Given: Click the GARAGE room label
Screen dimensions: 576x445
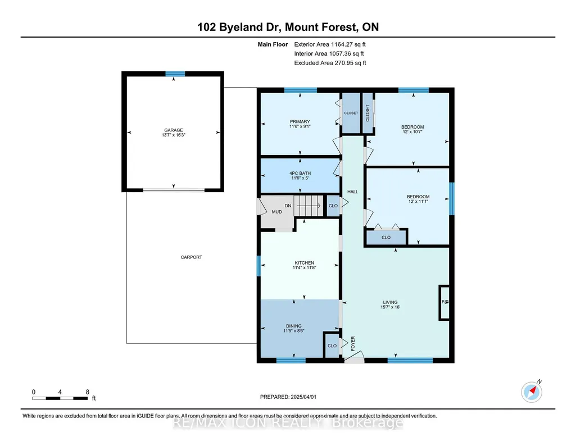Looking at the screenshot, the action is coord(174,130).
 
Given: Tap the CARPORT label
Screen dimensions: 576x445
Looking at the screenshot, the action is coord(192,257).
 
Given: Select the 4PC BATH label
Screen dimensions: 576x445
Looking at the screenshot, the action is coord(300,173).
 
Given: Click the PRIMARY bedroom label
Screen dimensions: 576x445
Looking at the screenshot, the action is coord(300,121).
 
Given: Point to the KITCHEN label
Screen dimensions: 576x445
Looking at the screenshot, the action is coord(304,263).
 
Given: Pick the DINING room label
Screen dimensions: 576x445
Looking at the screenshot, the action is coord(294,326).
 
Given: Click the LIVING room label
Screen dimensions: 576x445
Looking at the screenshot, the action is coord(390,302).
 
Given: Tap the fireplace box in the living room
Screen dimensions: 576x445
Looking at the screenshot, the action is coord(444,302).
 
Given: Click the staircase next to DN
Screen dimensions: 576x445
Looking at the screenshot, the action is coord(309,206).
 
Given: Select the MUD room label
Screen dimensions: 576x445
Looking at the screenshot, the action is coord(276,212).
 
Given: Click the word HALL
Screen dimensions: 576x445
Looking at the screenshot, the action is coord(353,192).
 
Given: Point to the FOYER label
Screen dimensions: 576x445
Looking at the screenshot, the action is coord(353,344).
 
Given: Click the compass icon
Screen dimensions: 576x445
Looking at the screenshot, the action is coord(532,392).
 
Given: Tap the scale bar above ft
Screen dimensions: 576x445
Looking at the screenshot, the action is coord(60,398).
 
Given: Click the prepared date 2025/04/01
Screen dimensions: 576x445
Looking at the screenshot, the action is coord(303,397).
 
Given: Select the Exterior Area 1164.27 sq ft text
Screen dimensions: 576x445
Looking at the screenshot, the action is coord(330,44).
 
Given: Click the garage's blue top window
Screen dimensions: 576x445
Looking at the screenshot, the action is coord(175,74).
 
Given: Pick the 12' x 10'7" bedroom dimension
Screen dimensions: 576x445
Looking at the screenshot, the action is coord(412,132).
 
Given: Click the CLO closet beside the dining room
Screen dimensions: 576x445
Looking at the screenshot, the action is coord(332,346).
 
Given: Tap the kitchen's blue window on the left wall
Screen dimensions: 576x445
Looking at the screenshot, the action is coord(258,266).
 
